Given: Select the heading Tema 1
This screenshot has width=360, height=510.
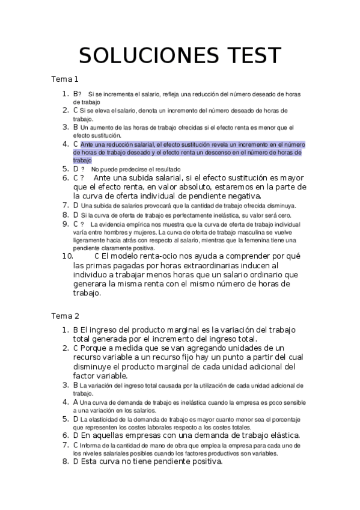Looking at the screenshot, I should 65,79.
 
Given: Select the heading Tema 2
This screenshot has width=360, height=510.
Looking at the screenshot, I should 65,316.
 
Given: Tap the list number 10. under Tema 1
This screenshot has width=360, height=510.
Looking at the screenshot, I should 67,255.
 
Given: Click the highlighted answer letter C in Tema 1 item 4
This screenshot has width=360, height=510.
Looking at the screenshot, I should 76,144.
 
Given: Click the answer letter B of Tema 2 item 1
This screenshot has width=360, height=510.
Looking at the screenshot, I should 76,330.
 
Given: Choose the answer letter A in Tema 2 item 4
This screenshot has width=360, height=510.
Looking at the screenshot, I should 76,402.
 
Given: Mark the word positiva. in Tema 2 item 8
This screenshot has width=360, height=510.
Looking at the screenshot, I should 204,462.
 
